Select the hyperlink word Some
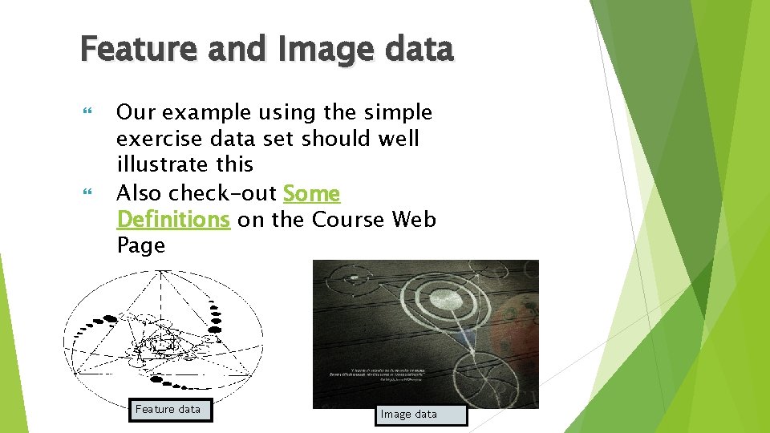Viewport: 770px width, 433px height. point(311,194)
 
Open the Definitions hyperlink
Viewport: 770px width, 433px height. point(173,220)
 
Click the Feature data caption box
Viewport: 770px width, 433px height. point(168,409)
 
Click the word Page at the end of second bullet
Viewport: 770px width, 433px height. point(140,245)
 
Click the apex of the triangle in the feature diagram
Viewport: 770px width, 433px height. point(162,273)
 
